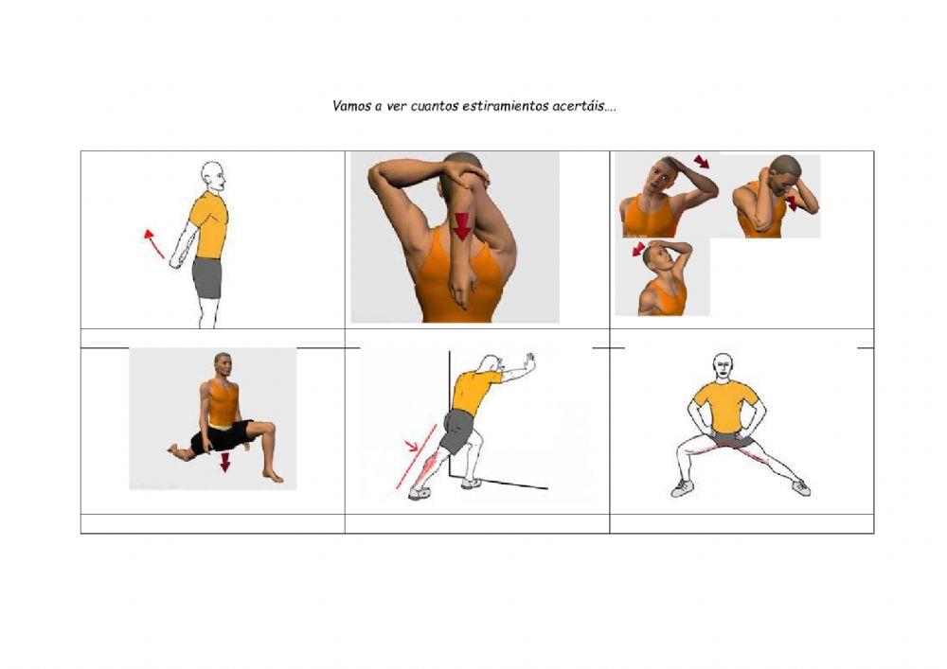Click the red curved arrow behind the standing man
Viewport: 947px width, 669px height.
pos(153,244)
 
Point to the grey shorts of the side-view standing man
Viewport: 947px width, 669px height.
pos(207,277)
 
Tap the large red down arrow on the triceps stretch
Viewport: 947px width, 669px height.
pos(462,227)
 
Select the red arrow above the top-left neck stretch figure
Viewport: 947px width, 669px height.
pos(701,162)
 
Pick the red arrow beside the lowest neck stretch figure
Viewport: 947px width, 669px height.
pos(638,250)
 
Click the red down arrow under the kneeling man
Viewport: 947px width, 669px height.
pos(225,463)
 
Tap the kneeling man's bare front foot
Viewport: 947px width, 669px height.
pos(273,477)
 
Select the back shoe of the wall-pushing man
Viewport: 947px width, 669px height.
pos(420,494)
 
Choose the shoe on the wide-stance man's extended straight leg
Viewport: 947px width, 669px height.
pos(801,487)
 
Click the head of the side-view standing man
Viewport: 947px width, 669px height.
pos(213,177)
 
